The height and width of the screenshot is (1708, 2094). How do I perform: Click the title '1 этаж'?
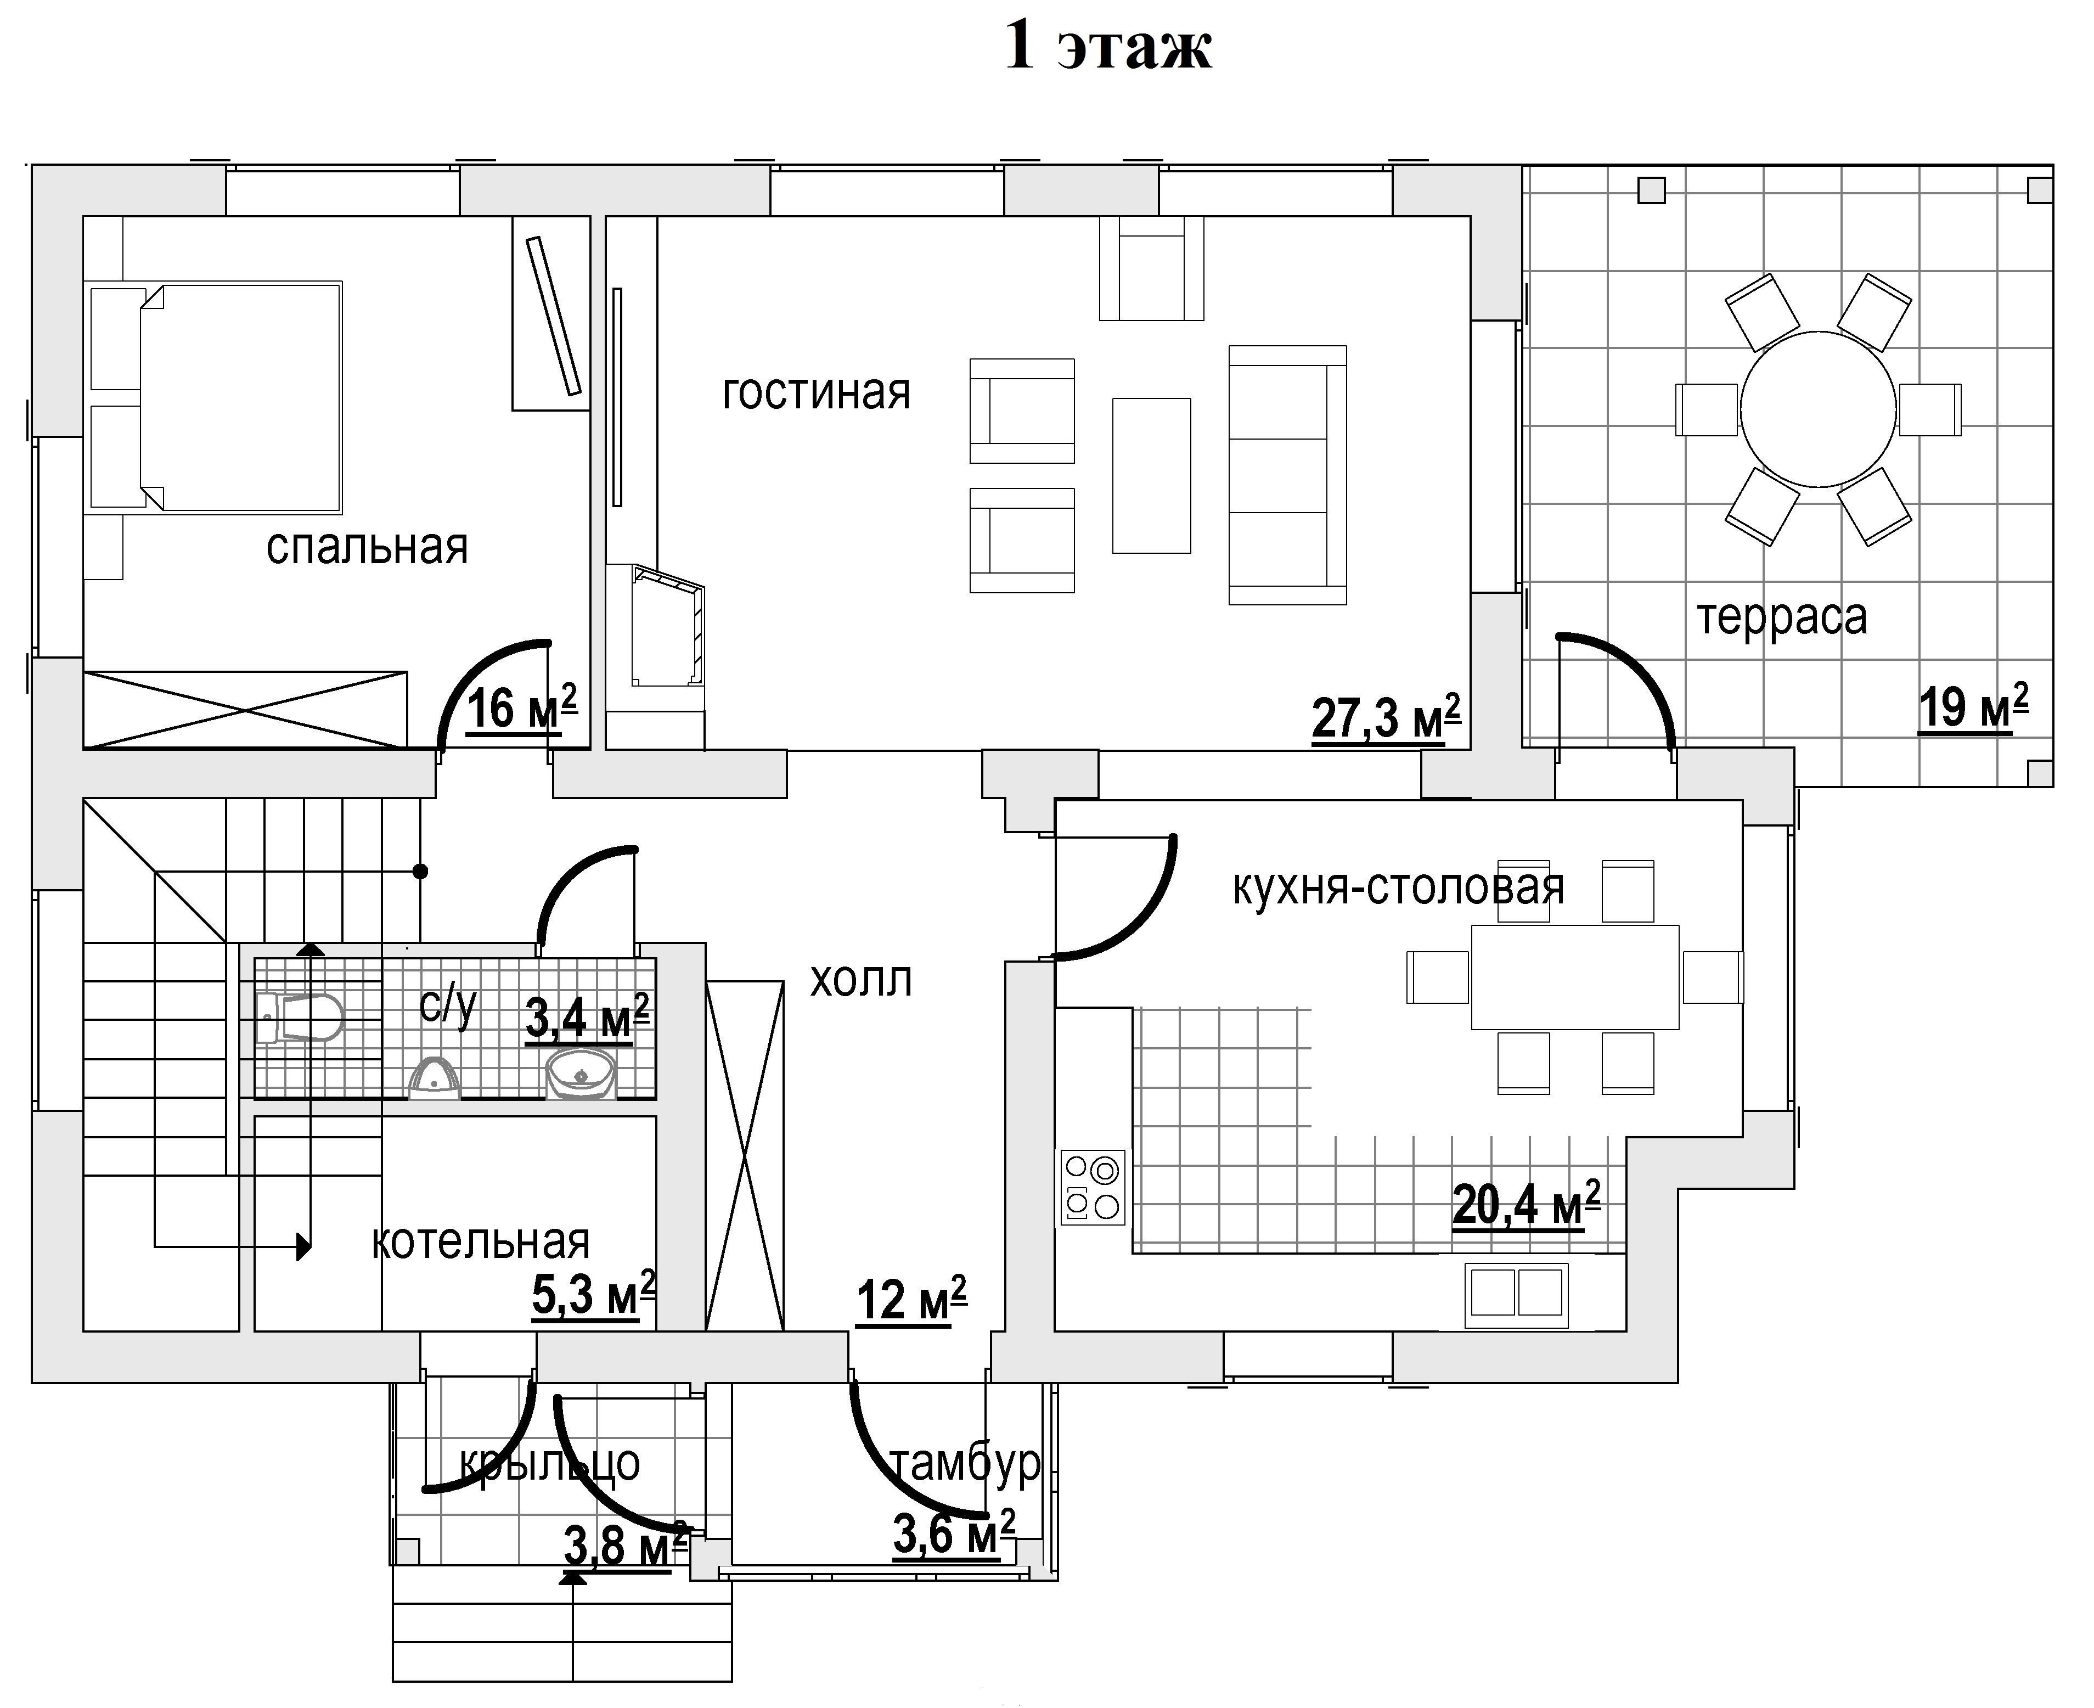[x=1107, y=46]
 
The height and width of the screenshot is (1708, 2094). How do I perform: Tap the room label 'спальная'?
[x=367, y=547]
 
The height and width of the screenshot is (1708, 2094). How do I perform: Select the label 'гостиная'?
[x=817, y=392]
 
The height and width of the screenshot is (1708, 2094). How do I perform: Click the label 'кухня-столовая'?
[x=1398, y=887]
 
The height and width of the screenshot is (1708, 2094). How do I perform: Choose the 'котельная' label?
[x=480, y=1243]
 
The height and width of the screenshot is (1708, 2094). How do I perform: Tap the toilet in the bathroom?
[x=299, y=1018]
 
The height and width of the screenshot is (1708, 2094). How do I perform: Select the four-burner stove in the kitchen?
[x=1093, y=1188]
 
